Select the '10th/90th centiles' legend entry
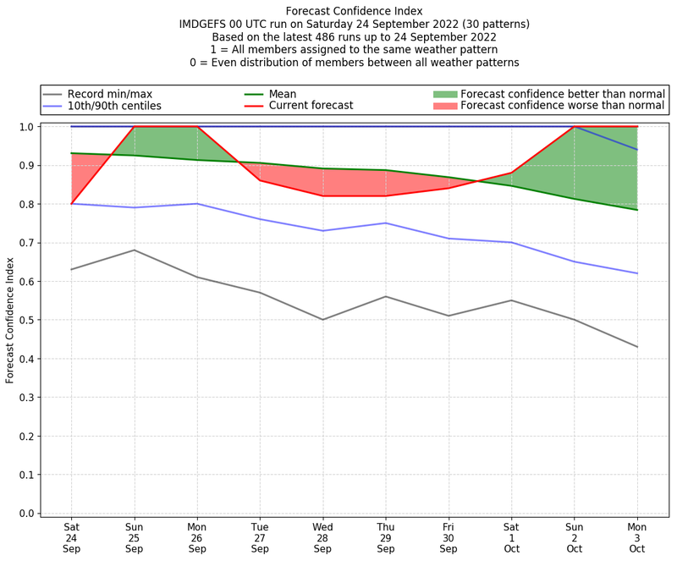pos(114,106)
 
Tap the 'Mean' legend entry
pos(283,94)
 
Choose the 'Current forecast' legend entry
pos(311,106)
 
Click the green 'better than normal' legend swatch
pos(445,94)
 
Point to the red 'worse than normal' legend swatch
pos(445,106)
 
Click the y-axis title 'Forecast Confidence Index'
pos(11,320)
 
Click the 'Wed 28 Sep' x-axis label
pos(322,537)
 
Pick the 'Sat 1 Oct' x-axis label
pos(511,537)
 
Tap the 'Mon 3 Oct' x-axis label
pos(636,537)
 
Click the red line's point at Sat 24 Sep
pos(71,204)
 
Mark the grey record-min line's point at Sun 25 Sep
pos(134,250)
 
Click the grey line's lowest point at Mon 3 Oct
pos(636,347)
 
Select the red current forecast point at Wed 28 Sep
pos(322,196)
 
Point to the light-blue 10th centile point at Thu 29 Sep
pos(385,223)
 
